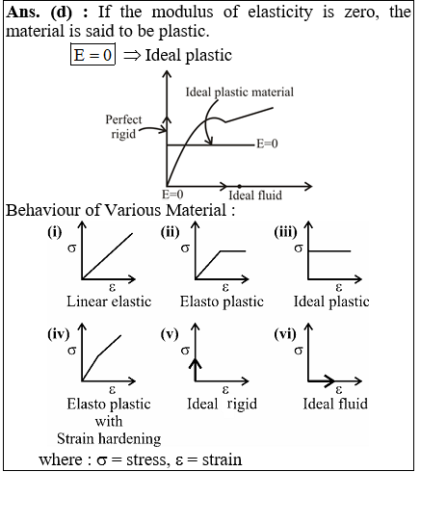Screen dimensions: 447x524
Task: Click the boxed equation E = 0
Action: tap(92, 54)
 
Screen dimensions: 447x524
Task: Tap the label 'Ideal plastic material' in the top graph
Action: tap(239, 92)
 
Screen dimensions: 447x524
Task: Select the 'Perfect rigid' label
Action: tap(123, 126)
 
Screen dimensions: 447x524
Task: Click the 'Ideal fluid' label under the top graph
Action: tap(255, 196)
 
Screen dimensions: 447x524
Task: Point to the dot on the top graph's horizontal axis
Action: tap(239, 186)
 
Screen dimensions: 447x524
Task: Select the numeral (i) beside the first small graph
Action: tap(55, 232)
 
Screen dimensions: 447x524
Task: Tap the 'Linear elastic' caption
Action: tap(109, 301)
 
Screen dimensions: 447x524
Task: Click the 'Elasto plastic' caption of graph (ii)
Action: tap(222, 301)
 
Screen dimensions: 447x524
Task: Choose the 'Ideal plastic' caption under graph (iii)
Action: tap(331, 301)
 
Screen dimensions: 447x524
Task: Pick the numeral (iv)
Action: tap(59, 334)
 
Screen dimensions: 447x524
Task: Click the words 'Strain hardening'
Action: tap(109, 438)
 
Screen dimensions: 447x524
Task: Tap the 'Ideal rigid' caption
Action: tap(222, 404)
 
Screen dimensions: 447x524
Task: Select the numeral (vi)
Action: tap(285, 334)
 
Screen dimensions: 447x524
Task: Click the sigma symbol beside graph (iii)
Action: tap(299, 249)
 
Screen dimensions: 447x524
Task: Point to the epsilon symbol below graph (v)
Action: tap(225, 389)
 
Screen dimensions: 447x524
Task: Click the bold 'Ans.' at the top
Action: tap(23, 12)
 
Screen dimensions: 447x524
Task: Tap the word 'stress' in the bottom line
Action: tap(146, 459)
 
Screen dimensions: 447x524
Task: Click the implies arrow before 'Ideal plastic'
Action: tap(132, 55)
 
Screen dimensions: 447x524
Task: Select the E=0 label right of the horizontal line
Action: tap(267, 144)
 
